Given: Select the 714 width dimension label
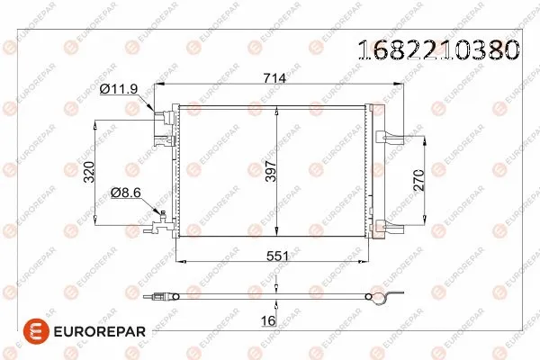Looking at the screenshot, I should point(274,78).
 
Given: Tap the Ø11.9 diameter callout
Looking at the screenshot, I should point(120,89).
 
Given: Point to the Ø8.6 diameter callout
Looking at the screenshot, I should point(126,193).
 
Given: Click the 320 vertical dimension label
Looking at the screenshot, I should point(88,171).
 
